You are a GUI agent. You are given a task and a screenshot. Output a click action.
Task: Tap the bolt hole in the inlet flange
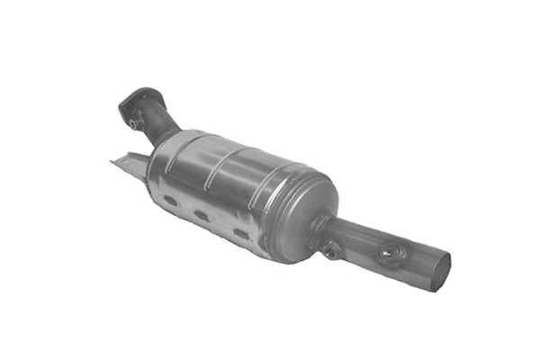pyautogui.click(x=135, y=121)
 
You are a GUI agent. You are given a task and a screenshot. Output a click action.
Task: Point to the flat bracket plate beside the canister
pyautogui.click(x=130, y=162)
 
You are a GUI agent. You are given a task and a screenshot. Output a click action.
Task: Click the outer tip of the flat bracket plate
pyautogui.click(x=113, y=163)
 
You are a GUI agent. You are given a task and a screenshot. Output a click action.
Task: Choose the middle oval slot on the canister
pyautogui.click(x=202, y=217)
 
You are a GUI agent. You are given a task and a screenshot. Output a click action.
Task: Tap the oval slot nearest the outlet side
pyautogui.click(x=240, y=234)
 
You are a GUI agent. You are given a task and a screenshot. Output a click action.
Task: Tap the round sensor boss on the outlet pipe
pyautogui.click(x=389, y=255)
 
